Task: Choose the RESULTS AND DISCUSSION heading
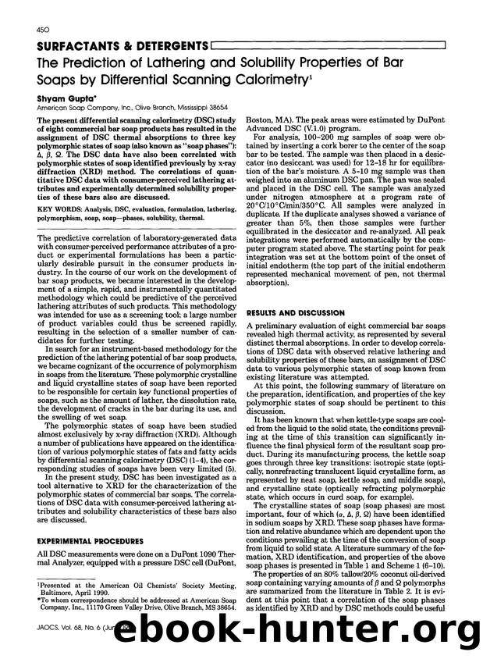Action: coord(296,290)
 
